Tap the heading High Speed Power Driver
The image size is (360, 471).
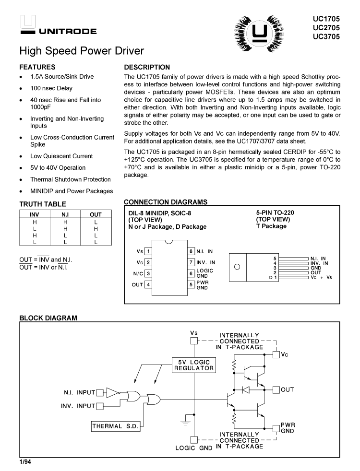click(82, 50)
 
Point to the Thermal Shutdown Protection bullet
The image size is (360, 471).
click(70, 179)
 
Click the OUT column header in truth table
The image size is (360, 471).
click(96, 215)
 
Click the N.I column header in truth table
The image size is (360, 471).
click(65, 215)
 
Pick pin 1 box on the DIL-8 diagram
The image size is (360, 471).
click(149, 251)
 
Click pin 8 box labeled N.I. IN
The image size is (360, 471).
click(191, 251)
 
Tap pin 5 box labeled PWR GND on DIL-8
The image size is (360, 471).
click(191, 285)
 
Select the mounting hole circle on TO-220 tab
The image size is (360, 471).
click(237, 268)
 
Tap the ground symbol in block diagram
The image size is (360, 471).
click(183, 423)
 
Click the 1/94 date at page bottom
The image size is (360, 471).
click(25, 462)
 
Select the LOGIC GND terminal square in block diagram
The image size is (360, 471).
click(193, 439)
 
